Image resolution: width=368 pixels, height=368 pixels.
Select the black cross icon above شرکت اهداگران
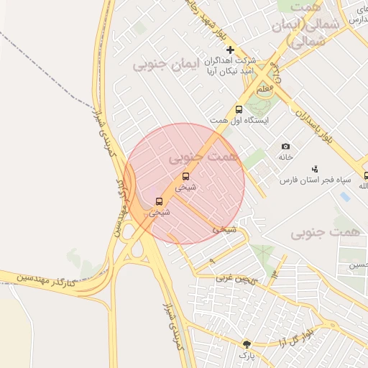[230, 50]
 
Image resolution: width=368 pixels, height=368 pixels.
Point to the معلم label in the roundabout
[264, 88]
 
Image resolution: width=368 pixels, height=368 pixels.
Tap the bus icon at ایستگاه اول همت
[239, 109]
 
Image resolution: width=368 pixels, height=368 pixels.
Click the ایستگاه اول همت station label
[239, 121]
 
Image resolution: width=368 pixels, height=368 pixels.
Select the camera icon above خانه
[286, 146]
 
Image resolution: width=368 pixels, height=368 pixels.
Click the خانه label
[286, 157]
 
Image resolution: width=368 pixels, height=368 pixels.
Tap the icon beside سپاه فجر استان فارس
[315, 168]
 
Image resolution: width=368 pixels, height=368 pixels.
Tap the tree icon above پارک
[247, 344]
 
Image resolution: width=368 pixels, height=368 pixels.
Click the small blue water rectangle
[344, 196]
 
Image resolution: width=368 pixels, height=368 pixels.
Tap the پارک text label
[247, 356]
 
